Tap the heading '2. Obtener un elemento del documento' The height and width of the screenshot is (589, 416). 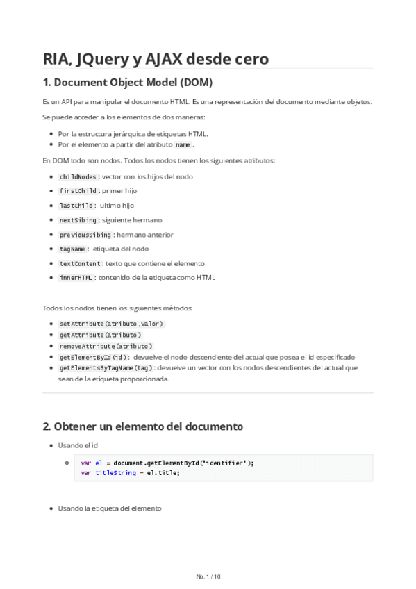(x=142, y=425)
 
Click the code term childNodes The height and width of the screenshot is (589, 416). (x=78, y=176)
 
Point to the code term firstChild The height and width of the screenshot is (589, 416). (x=78, y=191)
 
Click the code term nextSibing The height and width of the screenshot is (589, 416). (x=78, y=220)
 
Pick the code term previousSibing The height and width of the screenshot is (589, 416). (x=85, y=235)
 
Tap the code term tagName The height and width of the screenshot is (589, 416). (x=72, y=249)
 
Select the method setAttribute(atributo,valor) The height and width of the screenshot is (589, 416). (x=111, y=324)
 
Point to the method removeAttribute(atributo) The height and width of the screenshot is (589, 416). (x=106, y=346)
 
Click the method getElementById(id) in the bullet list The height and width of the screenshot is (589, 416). (x=93, y=357)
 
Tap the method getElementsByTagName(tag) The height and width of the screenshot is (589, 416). (x=106, y=368)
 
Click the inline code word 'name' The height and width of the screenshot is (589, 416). (x=183, y=144)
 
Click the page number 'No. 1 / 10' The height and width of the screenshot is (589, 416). (x=208, y=576)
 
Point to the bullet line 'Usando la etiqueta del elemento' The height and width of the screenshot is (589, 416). (x=110, y=508)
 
